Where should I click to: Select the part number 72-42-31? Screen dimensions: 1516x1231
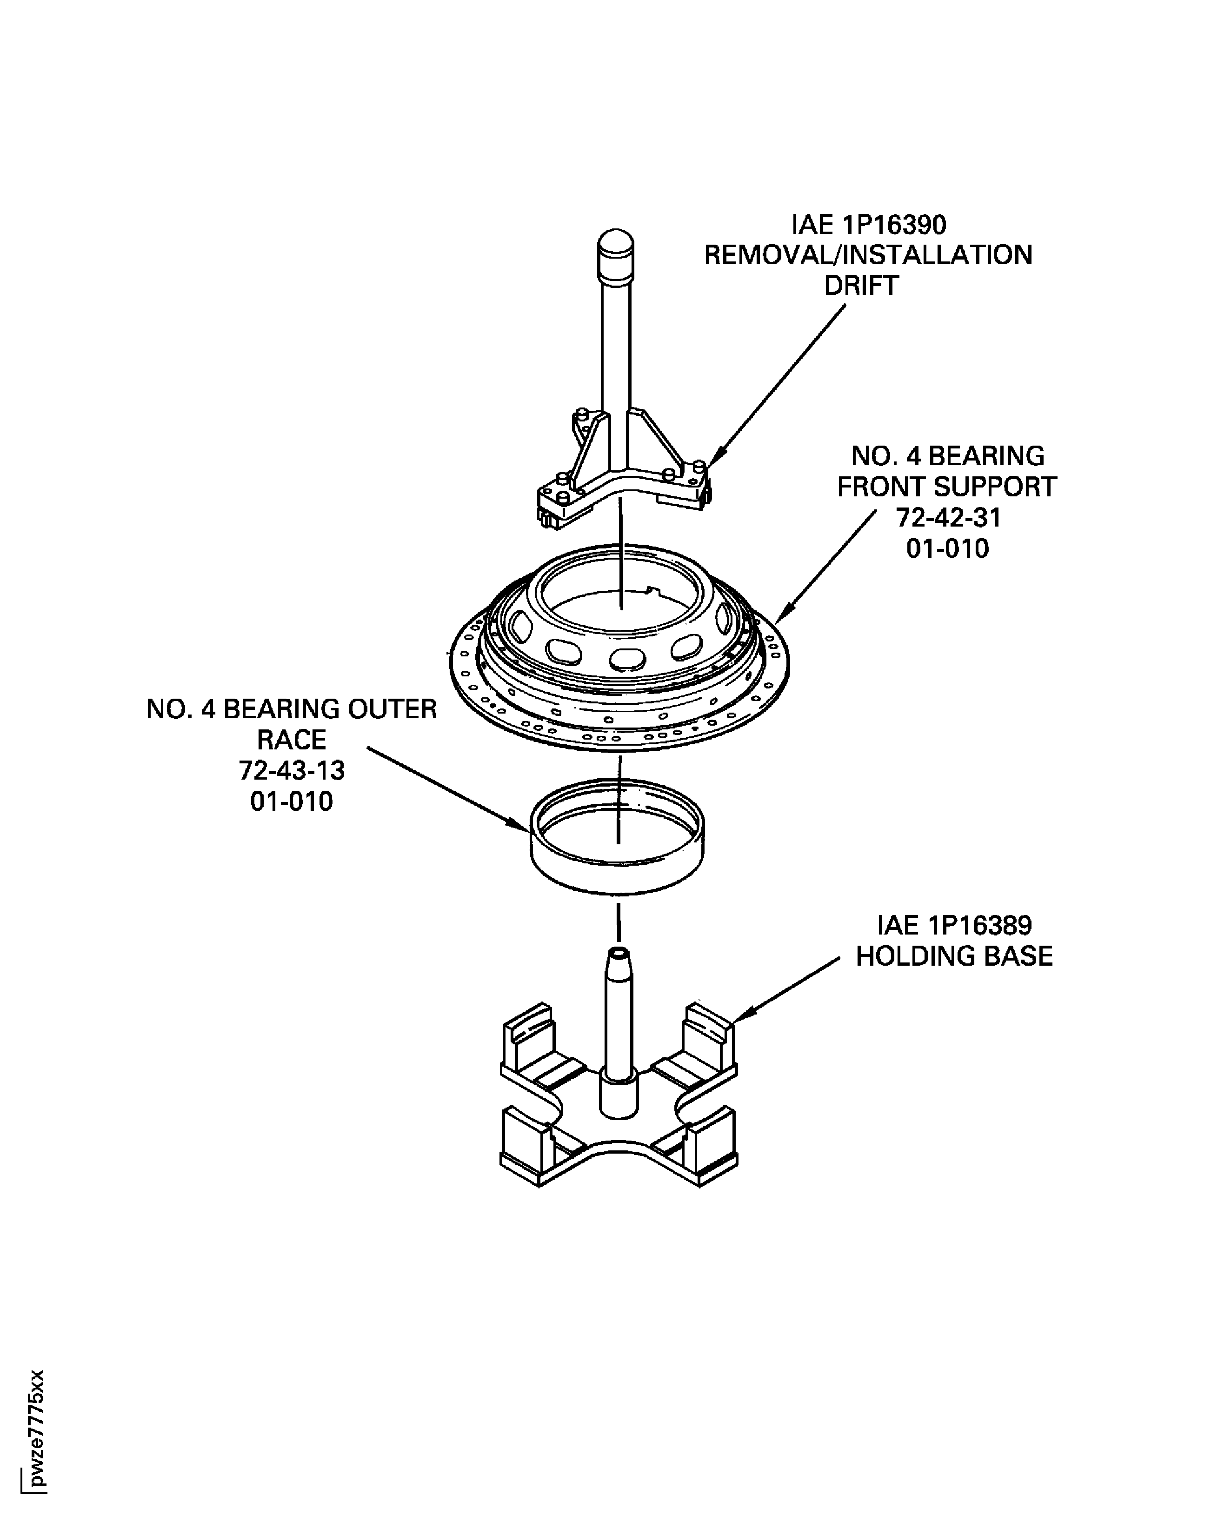pos(948,518)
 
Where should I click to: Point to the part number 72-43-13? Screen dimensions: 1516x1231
pos(292,770)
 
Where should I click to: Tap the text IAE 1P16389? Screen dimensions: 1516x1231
pos(954,925)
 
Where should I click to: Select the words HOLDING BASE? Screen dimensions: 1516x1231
pos(954,956)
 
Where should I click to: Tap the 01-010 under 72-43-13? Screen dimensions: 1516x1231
pos(292,801)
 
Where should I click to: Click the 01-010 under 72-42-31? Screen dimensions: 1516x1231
pos(947,548)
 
